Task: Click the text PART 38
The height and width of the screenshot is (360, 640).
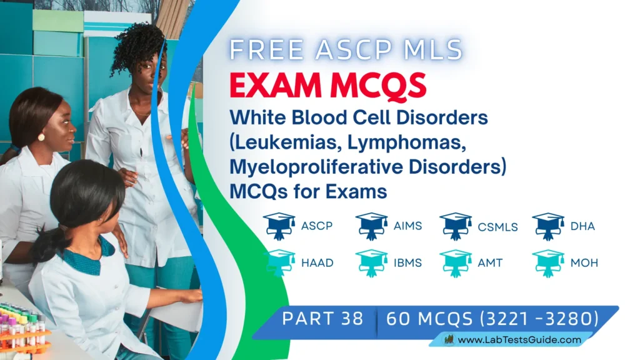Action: [322, 318]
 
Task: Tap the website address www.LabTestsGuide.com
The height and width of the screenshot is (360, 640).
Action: [519, 341]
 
